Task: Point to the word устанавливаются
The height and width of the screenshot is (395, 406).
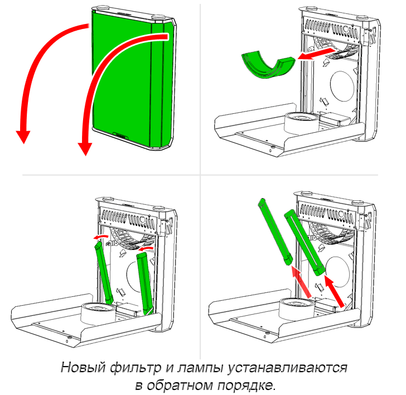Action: pos(287,368)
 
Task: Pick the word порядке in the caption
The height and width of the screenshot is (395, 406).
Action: pos(246,386)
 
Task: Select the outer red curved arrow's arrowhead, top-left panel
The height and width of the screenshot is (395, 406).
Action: pos(23,136)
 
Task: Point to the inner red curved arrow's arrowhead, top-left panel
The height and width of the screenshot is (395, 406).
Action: pos(85,148)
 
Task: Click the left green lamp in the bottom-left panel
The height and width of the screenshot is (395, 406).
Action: pos(104,273)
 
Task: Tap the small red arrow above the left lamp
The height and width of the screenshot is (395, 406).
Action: pos(101,237)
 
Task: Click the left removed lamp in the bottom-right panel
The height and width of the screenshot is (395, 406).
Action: pos(275,232)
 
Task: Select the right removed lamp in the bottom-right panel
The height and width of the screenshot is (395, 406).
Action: pos(304,242)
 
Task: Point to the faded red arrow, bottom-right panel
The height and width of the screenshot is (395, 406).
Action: pos(301,282)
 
